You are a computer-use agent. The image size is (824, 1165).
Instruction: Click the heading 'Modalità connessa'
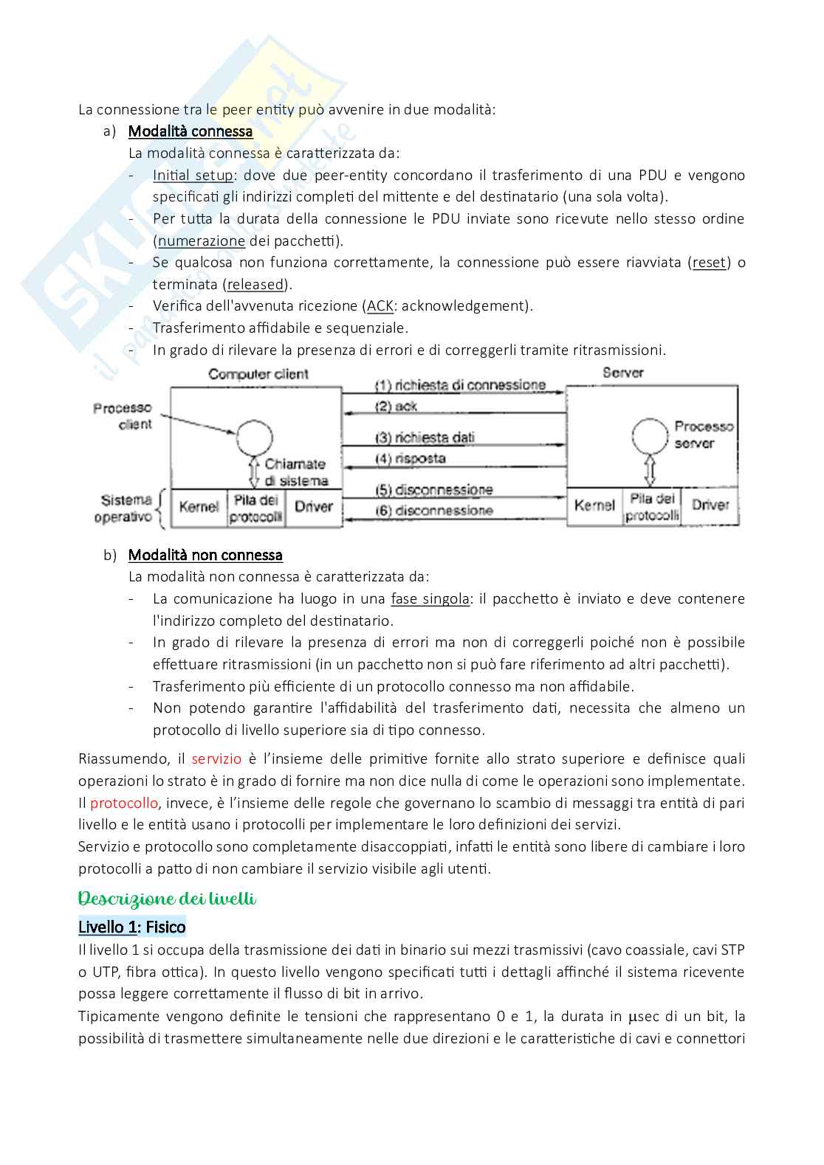tap(190, 131)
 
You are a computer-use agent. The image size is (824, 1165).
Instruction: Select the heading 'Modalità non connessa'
tap(205, 555)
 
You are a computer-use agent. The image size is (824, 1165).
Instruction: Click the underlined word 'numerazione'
tap(202, 241)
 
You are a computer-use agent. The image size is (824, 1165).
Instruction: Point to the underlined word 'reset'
tap(709, 263)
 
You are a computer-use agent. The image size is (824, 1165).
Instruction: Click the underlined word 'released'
tap(255, 284)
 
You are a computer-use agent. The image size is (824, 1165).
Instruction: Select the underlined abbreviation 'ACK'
tap(380, 306)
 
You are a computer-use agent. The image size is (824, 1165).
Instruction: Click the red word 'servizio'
tap(216, 759)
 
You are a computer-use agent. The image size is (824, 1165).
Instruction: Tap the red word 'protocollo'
tap(124, 803)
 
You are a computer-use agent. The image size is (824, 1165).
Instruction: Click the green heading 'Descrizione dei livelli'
tap(168, 899)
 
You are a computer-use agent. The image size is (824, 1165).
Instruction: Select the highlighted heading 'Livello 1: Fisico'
tap(132, 927)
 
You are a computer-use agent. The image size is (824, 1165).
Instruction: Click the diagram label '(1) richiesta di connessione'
tap(460, 385)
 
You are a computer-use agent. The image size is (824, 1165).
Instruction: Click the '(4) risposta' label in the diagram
tap(411, 458)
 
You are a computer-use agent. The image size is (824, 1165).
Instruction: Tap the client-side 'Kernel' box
tap(199, 508)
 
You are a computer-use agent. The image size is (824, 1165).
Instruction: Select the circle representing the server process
tap(650, 436)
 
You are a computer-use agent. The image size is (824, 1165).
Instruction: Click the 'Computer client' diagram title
tap(258, 374)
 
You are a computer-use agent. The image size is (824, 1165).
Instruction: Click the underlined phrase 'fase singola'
tap(430, 599)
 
